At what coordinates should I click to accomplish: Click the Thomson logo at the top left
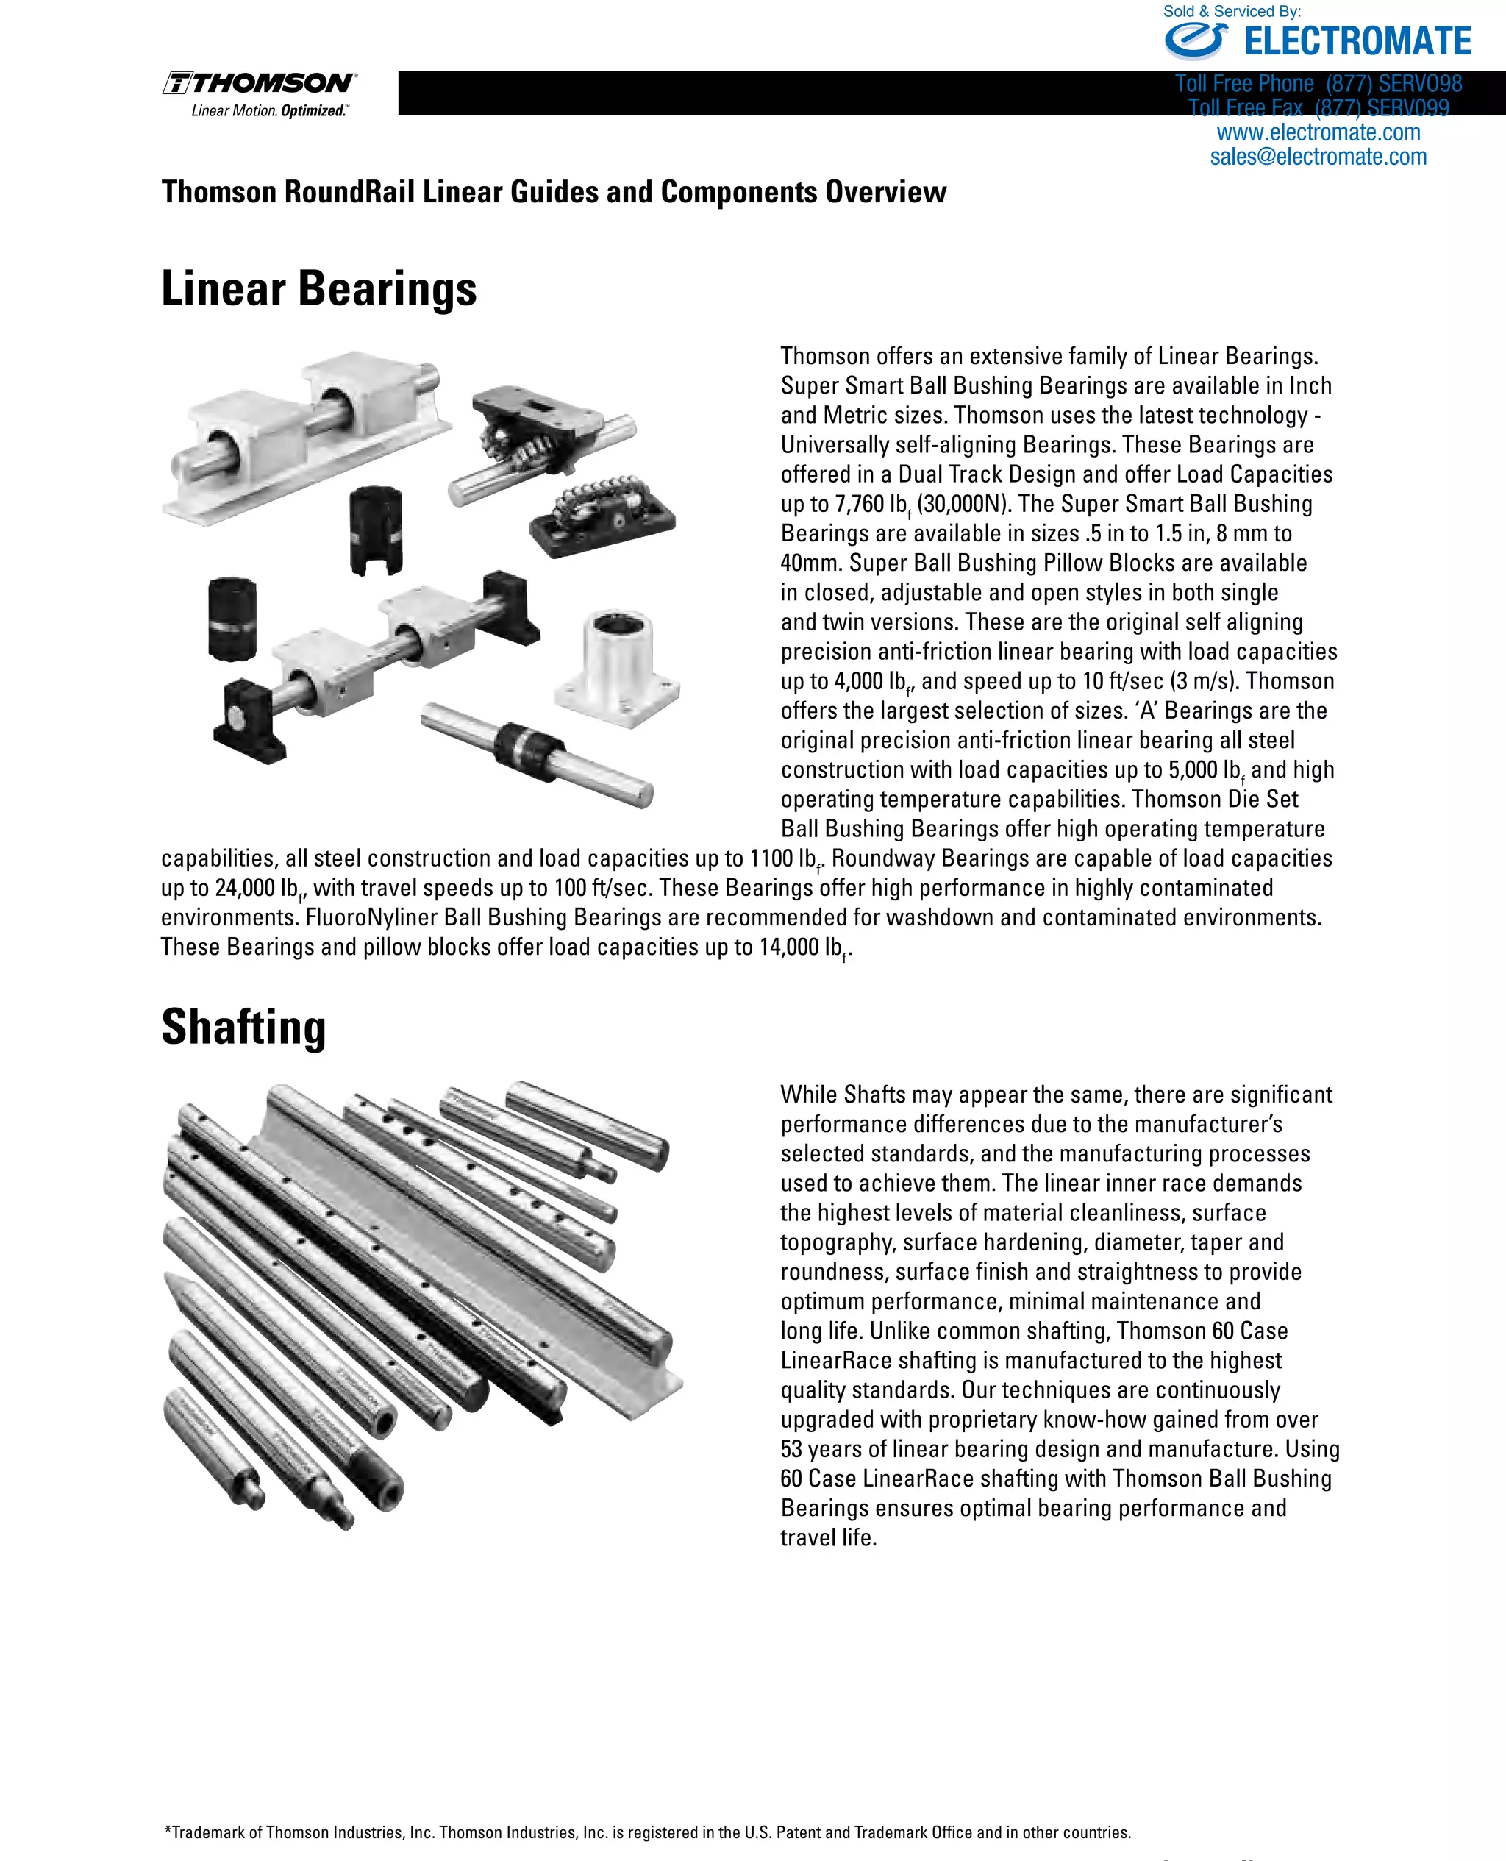point(260,83)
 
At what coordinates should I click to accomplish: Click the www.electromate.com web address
point(1318,132)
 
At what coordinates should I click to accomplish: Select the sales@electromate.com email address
point(1318,157)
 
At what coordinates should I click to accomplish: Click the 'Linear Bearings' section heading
point(318,289)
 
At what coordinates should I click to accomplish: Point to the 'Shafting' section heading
point(244,1028)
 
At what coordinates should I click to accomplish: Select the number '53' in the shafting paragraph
point(793,1449)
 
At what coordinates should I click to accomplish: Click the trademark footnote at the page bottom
point(647,1832)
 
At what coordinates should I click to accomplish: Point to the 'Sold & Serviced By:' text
point(1231,11)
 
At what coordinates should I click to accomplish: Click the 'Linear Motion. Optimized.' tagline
point(269,111)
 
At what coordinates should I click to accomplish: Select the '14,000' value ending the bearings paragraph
point(788,947)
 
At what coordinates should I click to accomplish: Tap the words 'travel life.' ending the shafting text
point(829,1537)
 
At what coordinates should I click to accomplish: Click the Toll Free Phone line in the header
point(1318,84)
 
